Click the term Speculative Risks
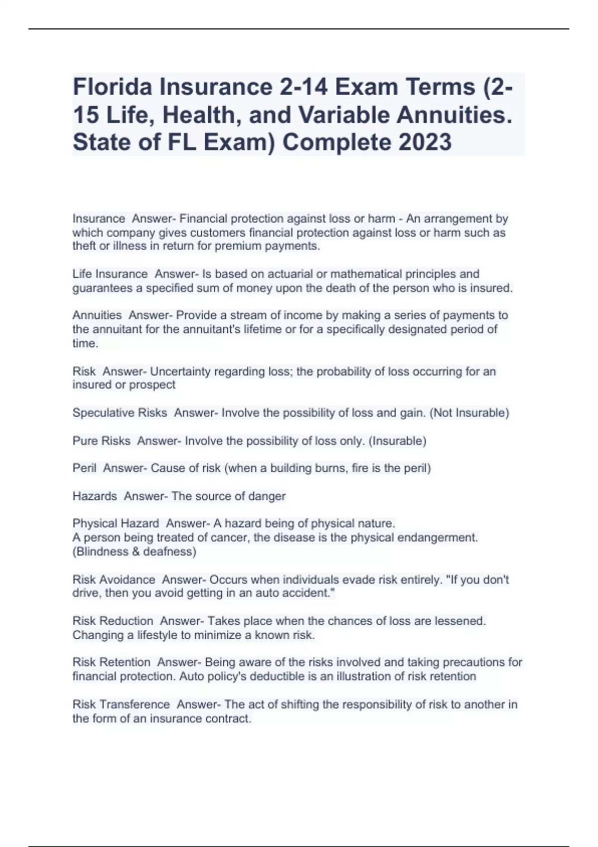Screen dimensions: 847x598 click(x=120, y=413)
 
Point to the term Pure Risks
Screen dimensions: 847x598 click(x=101, y=441)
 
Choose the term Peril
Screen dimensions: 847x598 click(x=84, y=468)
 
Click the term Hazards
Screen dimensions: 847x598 click(x=95, y=496)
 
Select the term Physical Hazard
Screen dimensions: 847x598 click(x=116, y=524)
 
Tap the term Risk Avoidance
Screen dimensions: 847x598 click(x=114, y=580)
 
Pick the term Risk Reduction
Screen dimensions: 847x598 click(x=113, y=621)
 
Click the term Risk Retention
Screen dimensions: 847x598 click(x=111, y=662)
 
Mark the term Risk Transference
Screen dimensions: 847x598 click(x=121, y=705)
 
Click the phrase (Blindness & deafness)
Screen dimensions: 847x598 click(x=135, y=552)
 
